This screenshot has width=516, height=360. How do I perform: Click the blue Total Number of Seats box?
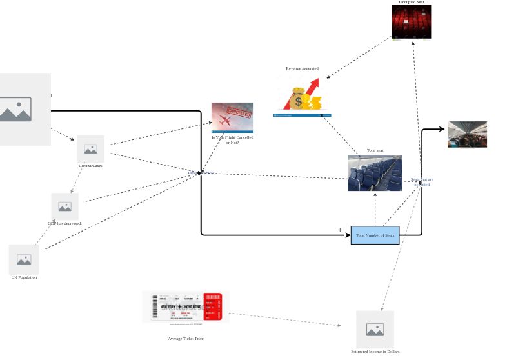[x=375, y=235]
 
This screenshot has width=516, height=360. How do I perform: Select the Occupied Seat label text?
[x=412, y=2]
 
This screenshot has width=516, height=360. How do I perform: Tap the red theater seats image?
[x=412, y=22]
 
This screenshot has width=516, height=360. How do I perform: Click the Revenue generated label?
[x=302, y=68]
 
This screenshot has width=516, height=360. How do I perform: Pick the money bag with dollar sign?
[x=297, y=99]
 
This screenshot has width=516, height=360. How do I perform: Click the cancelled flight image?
[x=232, y=117]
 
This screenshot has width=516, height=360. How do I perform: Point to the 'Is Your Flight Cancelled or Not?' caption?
[x=232, y=139]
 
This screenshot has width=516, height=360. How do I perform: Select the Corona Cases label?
[x=90, y=166]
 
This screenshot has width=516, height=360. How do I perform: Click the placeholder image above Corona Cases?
[x=90, y=149]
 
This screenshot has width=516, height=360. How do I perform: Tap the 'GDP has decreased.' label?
[x=64, y=223]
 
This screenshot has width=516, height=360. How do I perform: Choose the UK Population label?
[x=24, y=277]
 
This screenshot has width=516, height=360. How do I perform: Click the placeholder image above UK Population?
[x=24, y=259]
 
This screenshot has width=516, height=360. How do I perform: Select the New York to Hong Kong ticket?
[x=186, y=306]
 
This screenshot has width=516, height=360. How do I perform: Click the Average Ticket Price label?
[x=186, y=339]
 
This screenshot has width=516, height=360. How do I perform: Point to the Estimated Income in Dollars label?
[x=375, y=352]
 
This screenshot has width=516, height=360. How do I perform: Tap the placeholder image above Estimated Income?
[x=375, y=329]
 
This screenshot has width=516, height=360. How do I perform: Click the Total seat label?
[x=375, y=150]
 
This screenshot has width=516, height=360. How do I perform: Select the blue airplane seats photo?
[x=375, y=173]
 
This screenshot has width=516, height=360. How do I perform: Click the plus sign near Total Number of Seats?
[x=340, y=230]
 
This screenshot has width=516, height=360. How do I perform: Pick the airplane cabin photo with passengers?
[x=467, y=134]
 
